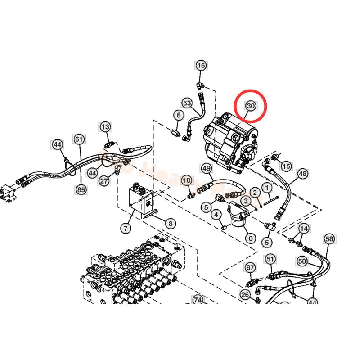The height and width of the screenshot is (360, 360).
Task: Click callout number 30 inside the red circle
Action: click(x=250, y=106)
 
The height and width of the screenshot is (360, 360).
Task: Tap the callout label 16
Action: click(x=201, y=66)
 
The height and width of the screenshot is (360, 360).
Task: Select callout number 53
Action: click(x=187, y=103)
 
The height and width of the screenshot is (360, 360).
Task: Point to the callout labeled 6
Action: click(x=178, y=115)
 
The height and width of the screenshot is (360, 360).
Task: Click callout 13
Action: click(x=105, y=126)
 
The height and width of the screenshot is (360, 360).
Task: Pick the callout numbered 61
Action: click(x=79, y=139)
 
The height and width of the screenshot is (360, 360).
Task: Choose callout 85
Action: click(x=81, y=190)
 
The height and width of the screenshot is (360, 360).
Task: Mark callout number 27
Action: click(x=104, y=181)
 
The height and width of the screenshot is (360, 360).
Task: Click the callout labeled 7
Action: click(x=125, y=228)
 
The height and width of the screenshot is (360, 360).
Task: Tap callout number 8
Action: click(x=170, y=222)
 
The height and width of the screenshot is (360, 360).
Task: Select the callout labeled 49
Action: click(x=206, y=169)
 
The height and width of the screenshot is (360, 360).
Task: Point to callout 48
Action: click(x=302, y=173)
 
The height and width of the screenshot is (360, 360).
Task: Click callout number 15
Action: click(x=286, y=166)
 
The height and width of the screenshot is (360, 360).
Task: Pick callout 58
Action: click(x=329, y=238)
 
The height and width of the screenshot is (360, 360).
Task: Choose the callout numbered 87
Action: click(x=250, y=267)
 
